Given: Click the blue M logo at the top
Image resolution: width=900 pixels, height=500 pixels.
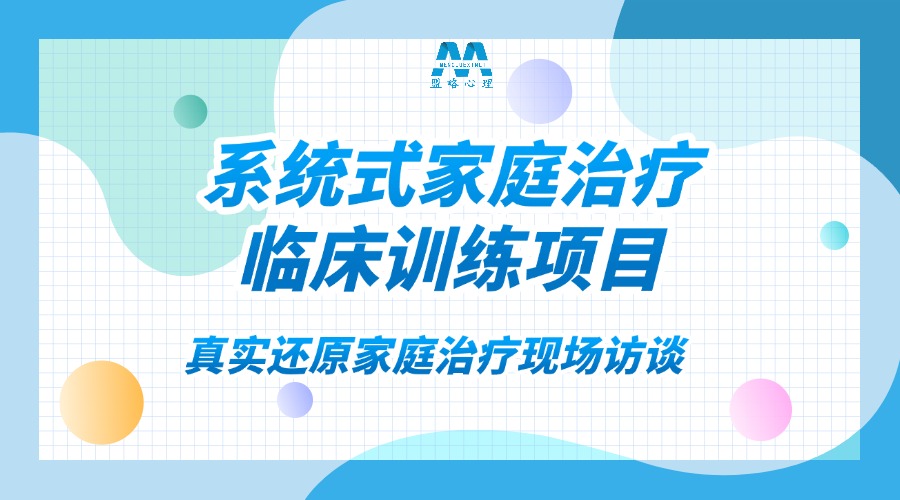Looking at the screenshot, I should click(x=461, y=57).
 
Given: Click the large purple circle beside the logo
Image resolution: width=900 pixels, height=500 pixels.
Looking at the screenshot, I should click(x=539, y=91).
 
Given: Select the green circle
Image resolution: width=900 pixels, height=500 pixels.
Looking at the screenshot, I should click(x=190, y=111).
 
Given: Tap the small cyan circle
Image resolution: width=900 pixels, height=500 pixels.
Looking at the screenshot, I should click(x=834, y=235).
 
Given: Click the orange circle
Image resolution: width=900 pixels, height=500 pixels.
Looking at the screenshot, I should click(x=101, y=402).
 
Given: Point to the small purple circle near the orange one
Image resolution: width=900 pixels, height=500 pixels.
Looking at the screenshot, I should click(x=295, y=400).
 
